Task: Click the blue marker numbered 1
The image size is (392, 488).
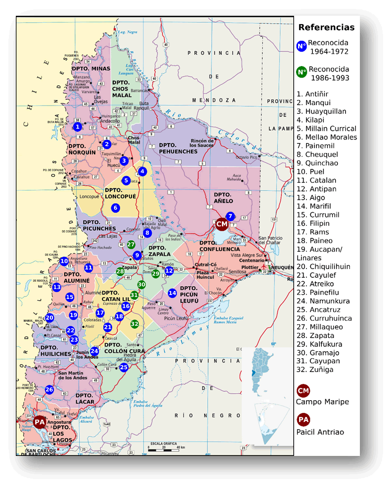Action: [77, 127]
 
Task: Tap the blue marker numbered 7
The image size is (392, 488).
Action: [230, 216]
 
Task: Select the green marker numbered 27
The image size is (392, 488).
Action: [131, 244]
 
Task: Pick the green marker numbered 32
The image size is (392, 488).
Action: [134, 324]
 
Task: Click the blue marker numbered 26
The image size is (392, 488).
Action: [49, 389]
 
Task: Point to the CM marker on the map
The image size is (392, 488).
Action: [221, 224]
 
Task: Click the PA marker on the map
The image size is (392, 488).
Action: [40, 422]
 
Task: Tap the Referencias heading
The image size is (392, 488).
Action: [326, 27]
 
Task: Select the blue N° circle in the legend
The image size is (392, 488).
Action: [302, 46]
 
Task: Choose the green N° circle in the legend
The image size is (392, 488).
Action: [302, 72]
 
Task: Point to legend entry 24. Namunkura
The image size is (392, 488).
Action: [323, 301]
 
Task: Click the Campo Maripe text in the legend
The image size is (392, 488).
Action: [322, 402]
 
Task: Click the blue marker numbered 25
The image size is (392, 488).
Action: [124, 367]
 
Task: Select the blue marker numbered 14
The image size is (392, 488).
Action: [172, 293]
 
